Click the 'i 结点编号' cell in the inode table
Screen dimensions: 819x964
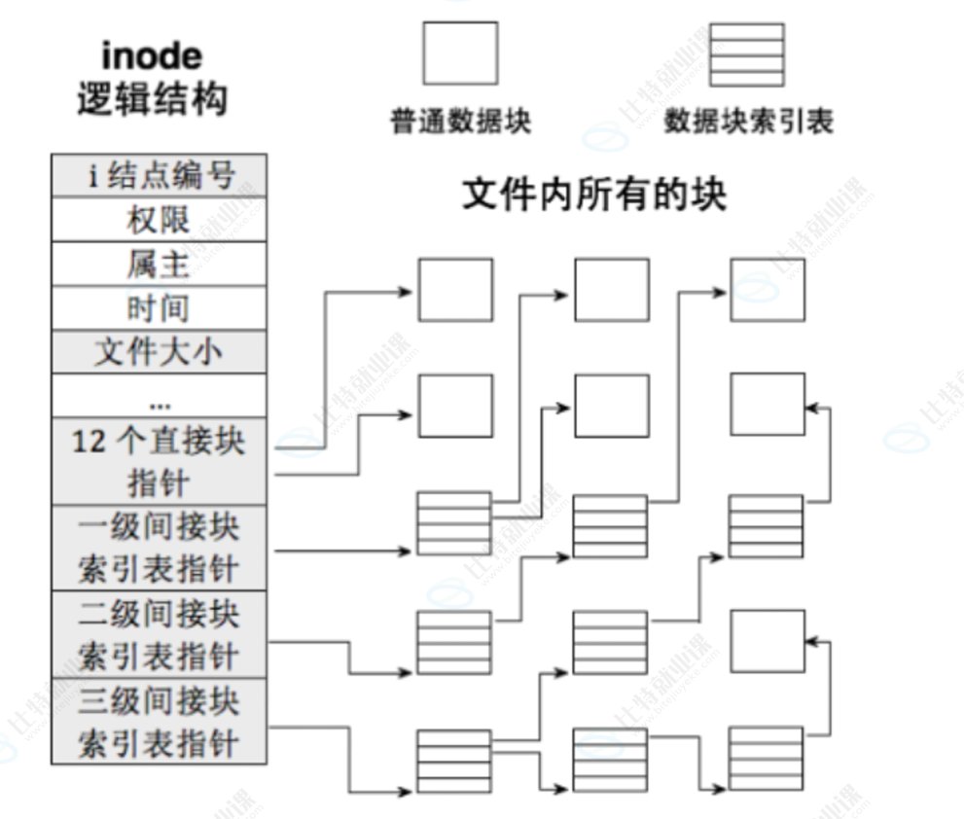click(x=158, y=175)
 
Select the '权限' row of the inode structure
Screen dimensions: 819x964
click(x=158, y=220)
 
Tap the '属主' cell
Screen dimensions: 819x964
click(x=158, y=264)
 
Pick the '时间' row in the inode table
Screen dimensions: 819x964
click(x=158, y=308)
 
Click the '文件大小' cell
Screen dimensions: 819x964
click(x=158, y=351)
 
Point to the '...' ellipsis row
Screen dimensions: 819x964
click(x=158, y=397)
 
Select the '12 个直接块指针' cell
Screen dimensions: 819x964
click(x=158, y=461)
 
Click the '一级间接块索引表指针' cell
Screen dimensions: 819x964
click(x=158, y=547)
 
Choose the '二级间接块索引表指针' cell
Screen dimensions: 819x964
click(x=158, y=633)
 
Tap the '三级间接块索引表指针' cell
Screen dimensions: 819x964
click(x=158, y=721)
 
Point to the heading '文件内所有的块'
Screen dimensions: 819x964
click(x=593, y=196)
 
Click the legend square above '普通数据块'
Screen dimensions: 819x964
click(x=459, y=53)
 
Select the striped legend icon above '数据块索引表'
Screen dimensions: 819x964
click(x=746, y=53)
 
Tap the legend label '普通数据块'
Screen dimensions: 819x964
click(x=460, y=122)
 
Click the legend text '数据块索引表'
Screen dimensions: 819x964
click(x=748, y=122)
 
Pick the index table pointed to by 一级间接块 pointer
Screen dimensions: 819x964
click(x=454, y=524)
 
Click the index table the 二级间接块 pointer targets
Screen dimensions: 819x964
click(x=454, y=642)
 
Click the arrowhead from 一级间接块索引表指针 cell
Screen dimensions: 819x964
click(x=406, y=552)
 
